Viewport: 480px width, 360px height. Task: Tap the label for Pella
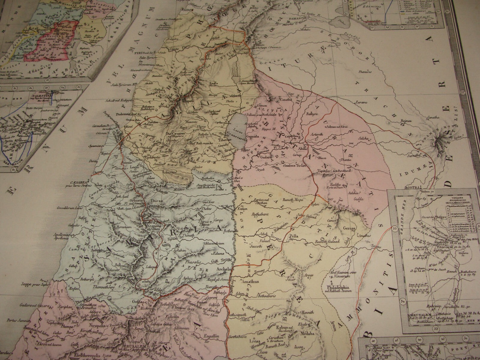(293, 236)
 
